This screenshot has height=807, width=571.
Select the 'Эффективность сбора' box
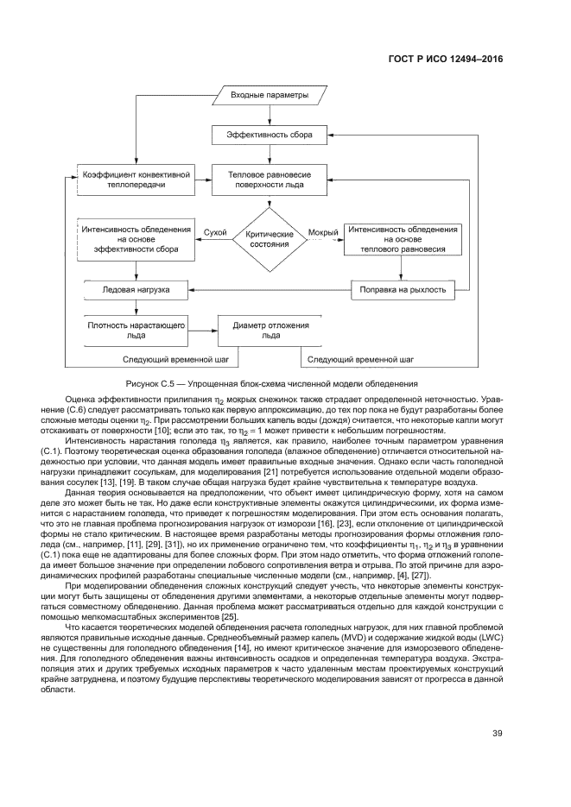(270, 135)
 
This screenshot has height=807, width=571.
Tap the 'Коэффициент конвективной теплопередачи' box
(136, 179)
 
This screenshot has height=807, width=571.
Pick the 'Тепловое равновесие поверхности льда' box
(270, 179)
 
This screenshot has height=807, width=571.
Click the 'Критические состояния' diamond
(270, 239)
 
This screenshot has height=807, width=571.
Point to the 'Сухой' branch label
(215, 232)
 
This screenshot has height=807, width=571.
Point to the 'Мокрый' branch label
(323, 232)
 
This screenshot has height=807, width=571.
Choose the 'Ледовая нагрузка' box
(136, 289)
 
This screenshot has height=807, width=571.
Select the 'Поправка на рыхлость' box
(403, 289)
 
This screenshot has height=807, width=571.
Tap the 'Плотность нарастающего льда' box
(136, 331)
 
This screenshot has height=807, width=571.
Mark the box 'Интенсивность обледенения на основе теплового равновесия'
(403, 239)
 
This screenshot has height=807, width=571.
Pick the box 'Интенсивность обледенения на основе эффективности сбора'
(136, 239)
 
